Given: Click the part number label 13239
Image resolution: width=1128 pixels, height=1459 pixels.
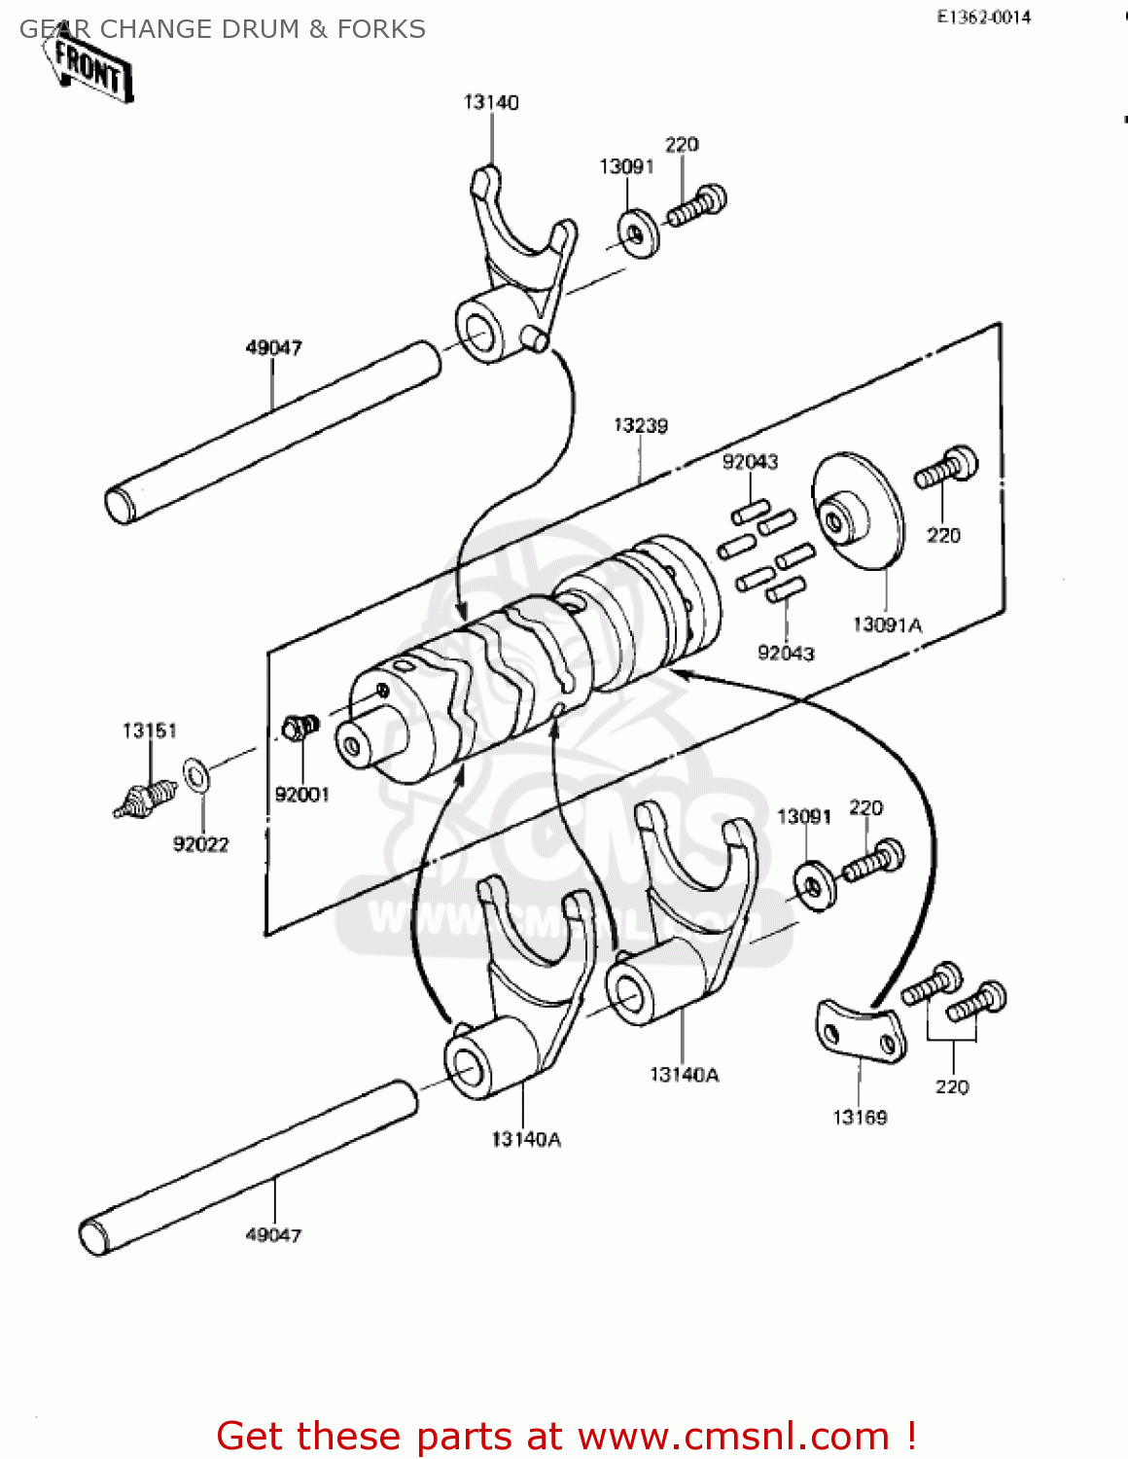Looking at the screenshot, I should [640, 425].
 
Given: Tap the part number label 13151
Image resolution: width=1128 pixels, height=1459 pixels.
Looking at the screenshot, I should [149, 730].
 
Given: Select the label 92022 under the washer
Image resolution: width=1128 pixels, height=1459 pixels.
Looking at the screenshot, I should [200, 844].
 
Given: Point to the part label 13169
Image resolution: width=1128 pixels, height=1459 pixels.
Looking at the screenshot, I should [860, 1117].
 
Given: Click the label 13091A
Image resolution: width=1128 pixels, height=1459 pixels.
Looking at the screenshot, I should [887, 625].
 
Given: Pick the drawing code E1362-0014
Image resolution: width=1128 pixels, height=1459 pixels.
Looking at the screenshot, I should [983, 17].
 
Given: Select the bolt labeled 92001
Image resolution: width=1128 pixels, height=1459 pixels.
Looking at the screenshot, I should [299, 728].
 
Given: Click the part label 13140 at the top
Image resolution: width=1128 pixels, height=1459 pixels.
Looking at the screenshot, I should [491, 102].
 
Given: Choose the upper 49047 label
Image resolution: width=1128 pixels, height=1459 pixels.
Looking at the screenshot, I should [273, 347].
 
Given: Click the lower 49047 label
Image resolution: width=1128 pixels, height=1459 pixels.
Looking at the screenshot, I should [273, 1234].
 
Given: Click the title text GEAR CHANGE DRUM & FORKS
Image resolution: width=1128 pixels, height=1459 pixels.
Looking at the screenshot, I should [223, 29].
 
